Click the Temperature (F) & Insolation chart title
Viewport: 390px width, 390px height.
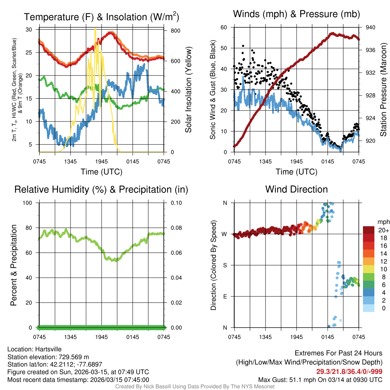click(x=101, y=17)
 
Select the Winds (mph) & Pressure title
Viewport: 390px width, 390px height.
click(x=296, y=14)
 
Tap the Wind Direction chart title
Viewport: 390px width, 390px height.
click(x=296, y=189)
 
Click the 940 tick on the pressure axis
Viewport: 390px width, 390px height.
click(x=370, y=27)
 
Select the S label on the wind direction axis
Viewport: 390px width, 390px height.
click(x=225, y=265)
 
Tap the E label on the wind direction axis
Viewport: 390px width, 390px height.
click(x=225, y=296)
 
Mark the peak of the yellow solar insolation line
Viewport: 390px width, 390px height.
click(x=95, y=29)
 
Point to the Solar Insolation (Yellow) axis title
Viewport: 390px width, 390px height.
click(x=188, y=90)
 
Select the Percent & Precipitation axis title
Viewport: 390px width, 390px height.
click(x=14, y=265)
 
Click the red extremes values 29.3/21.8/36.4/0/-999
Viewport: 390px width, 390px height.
click(x=349, y=371)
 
